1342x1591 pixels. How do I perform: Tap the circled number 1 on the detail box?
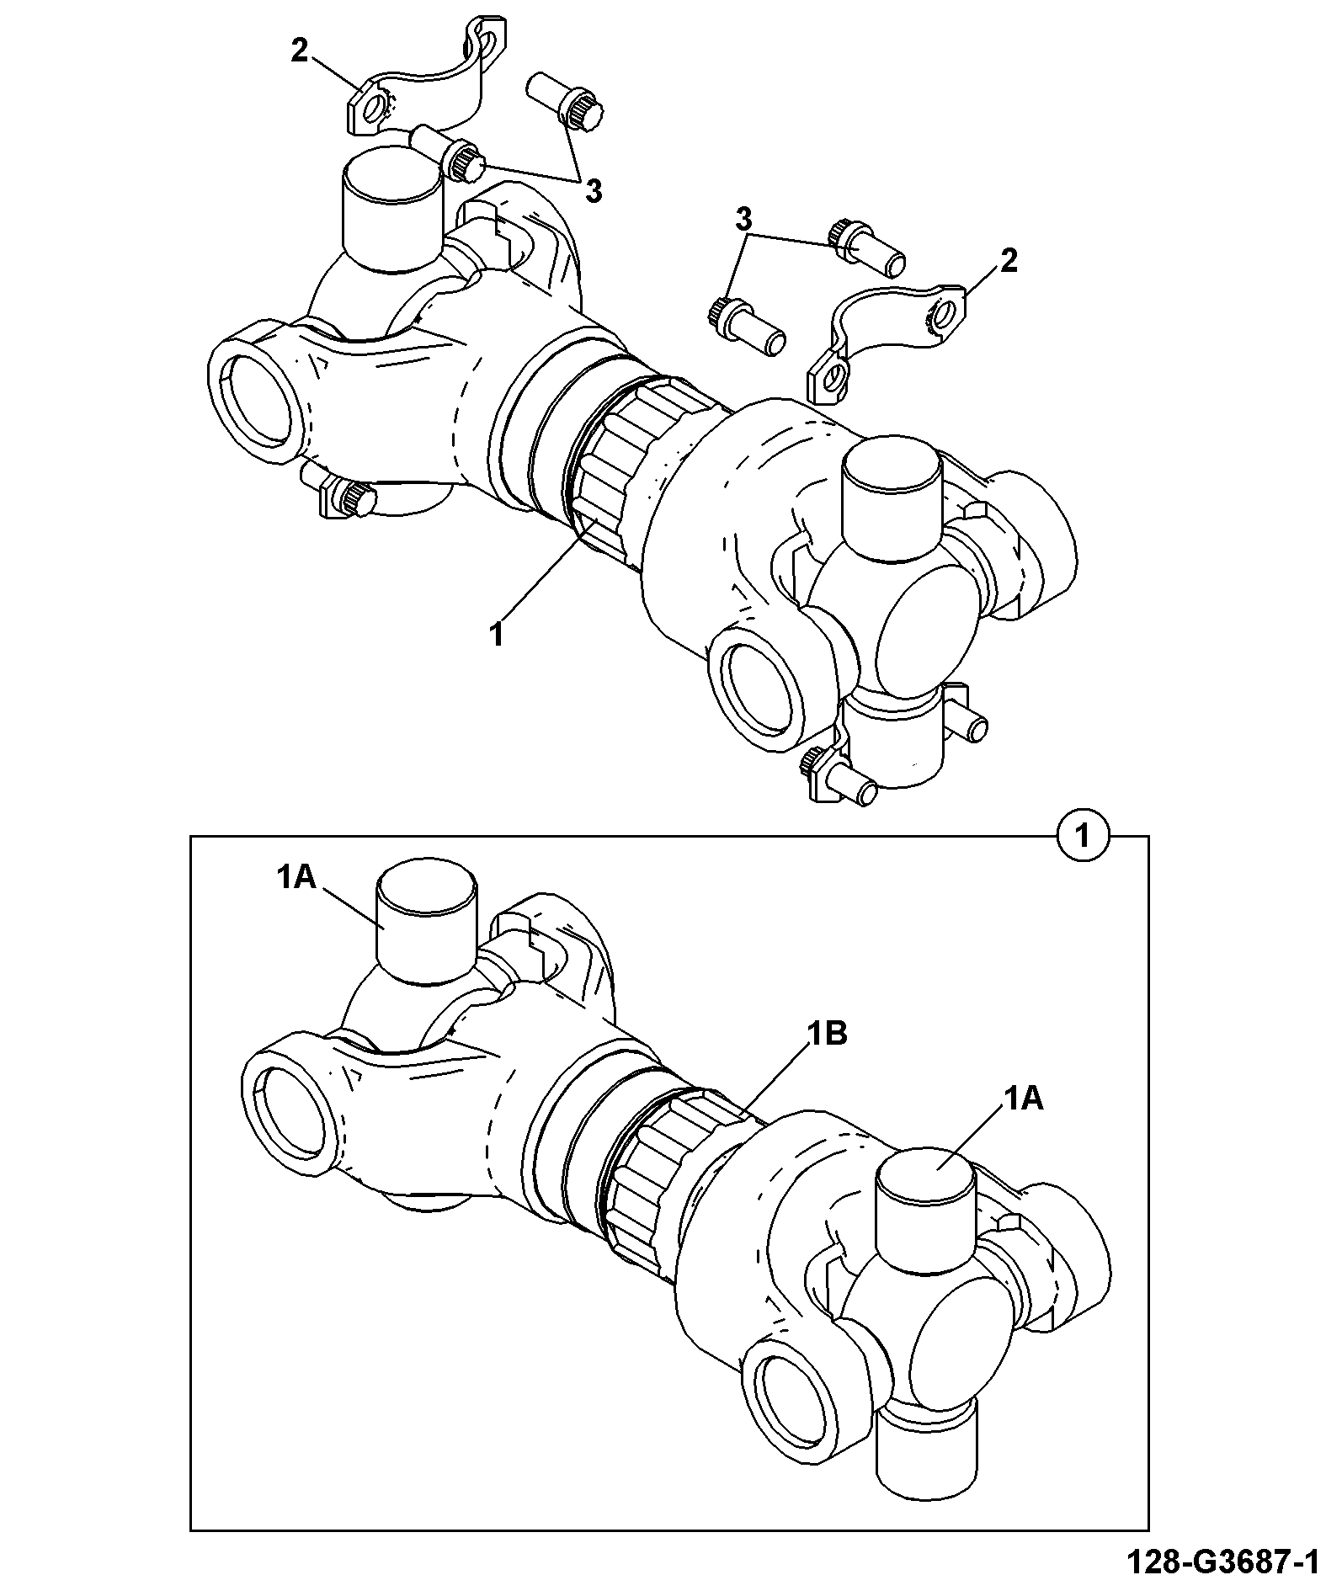click(x=1084, y=837)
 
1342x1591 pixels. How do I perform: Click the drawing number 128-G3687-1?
click(x=1222, y=1563)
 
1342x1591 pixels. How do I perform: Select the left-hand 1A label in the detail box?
click(x=296, y=878)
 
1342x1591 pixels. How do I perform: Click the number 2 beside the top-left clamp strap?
click(x=301, y=51)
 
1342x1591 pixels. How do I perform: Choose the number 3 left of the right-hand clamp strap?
click(x=744, y=221)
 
